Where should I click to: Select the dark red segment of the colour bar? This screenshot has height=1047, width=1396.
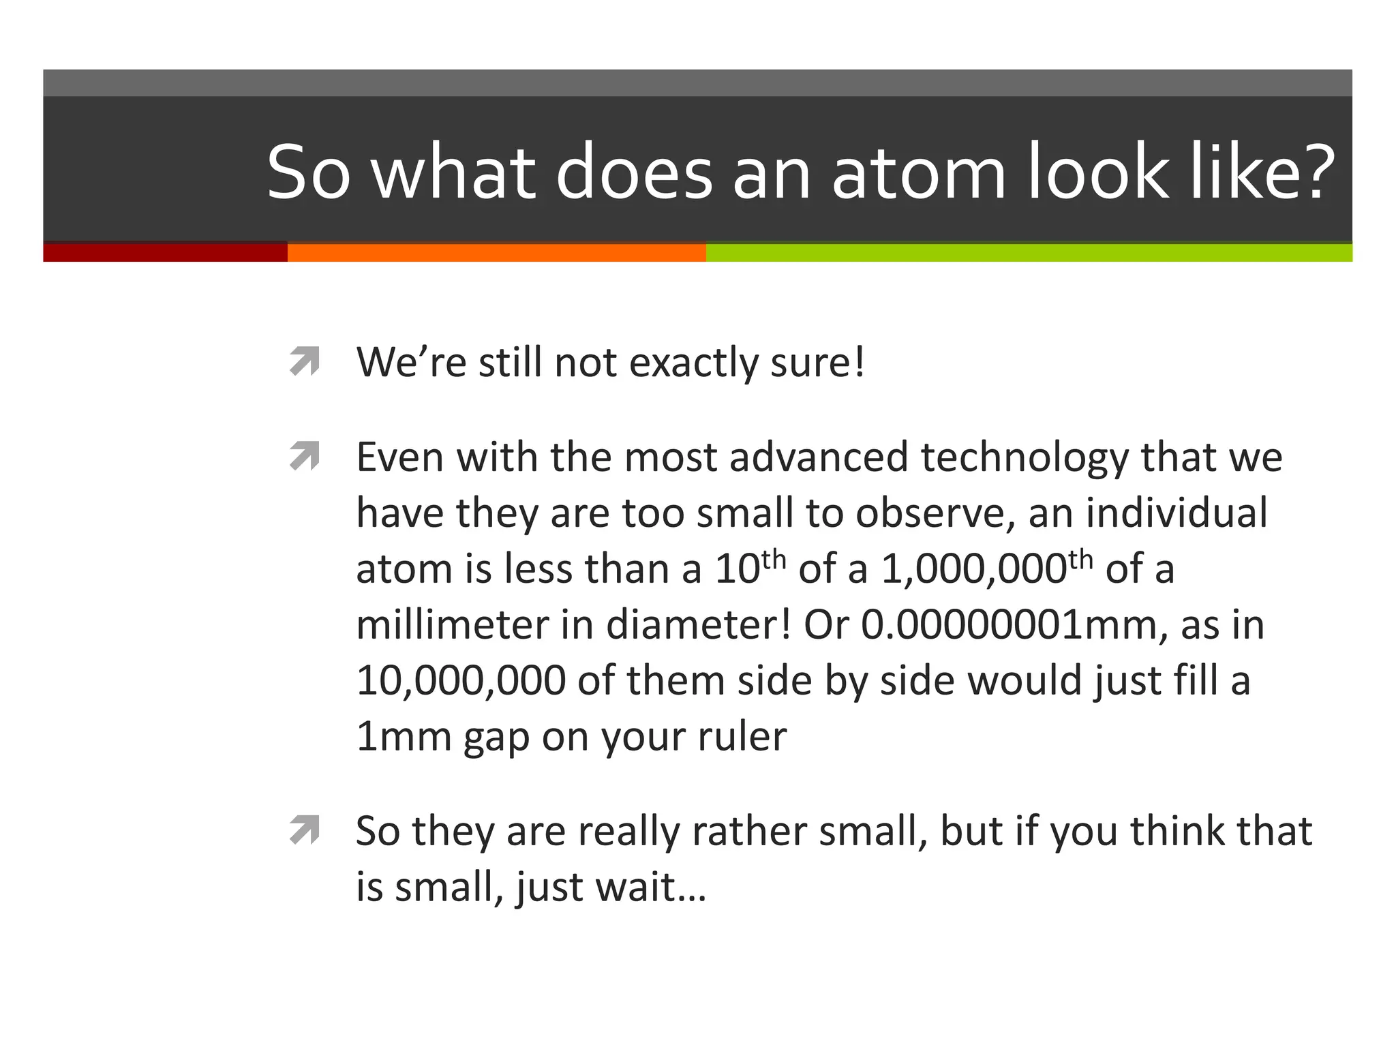[165, 252]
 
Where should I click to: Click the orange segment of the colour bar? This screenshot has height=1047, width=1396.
[496, 252]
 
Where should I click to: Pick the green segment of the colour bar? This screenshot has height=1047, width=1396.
[1029, 252]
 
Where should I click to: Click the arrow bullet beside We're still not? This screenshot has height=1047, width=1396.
[304, 361]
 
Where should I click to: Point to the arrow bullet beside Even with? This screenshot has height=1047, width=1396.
[304, 456]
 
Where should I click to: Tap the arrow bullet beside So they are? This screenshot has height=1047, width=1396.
[304, 830]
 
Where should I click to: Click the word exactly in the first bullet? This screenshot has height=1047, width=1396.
[693, 363]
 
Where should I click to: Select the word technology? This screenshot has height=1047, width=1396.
[1025, 457]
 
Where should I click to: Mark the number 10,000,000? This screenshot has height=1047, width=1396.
[461, 681]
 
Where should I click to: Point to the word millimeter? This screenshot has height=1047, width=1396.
[452, 624]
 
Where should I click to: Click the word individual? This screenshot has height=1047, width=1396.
[1177, 513]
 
